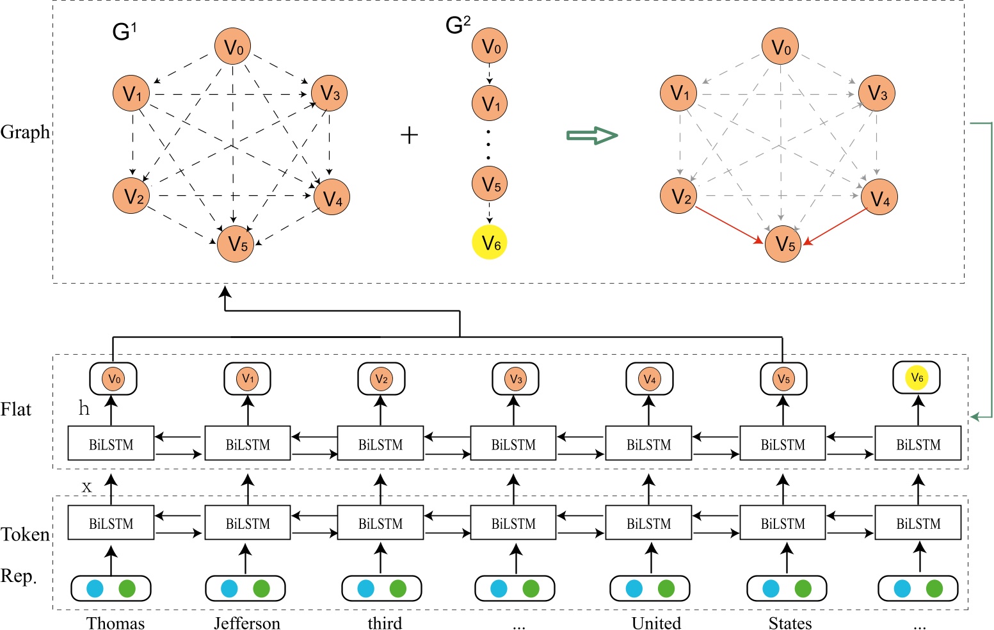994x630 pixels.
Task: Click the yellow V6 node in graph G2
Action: [490, 243]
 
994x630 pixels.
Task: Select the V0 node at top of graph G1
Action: [233, 47]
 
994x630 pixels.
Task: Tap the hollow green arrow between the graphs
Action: [592, 134]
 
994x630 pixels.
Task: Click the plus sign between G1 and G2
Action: [409, 135]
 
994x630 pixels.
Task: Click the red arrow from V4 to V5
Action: [835, 226]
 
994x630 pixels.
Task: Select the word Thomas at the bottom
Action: [116, 623]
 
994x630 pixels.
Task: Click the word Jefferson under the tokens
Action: [247, 623]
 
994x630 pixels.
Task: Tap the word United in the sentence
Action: [656, 623]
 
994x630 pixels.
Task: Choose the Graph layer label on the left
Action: [25, 133]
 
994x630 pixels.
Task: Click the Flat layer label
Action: [16, 410]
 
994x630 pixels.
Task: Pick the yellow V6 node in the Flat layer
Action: [917, 378]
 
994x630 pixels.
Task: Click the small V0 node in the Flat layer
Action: [113, 379]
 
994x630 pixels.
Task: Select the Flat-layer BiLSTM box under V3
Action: [513, 444]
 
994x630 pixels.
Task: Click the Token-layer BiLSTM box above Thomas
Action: [111, 524]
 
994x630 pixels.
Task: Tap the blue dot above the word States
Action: [771, 588]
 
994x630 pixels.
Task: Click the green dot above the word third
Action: [398, 588]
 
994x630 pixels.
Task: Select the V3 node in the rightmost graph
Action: [877, 93]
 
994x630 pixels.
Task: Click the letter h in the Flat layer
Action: [84, 408]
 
